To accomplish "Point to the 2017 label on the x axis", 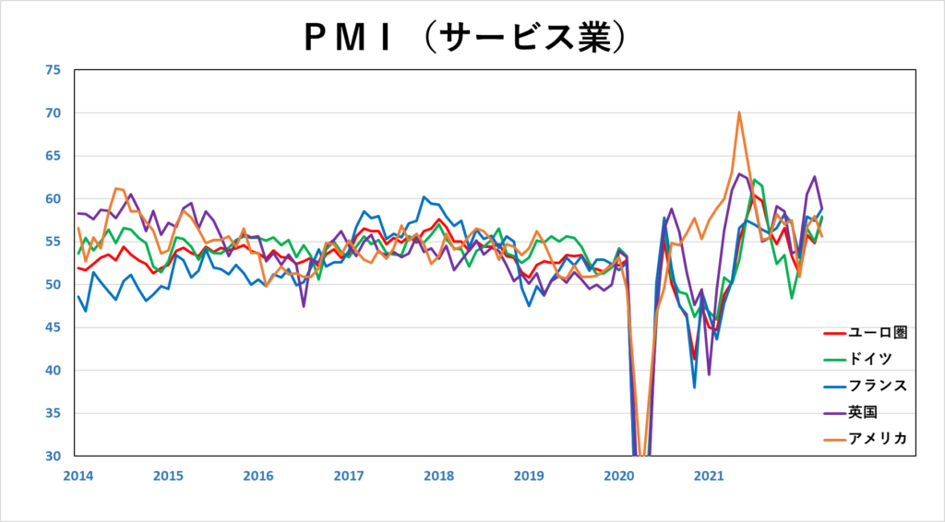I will pos(347,477).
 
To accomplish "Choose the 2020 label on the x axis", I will pos(618,477).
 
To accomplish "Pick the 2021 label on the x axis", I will pos(708,477).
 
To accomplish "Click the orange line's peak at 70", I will pos(739,113).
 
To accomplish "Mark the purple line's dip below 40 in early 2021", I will pos(709,374).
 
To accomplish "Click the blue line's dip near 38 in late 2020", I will pos(694,386).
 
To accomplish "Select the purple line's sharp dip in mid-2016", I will pos(303,306).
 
